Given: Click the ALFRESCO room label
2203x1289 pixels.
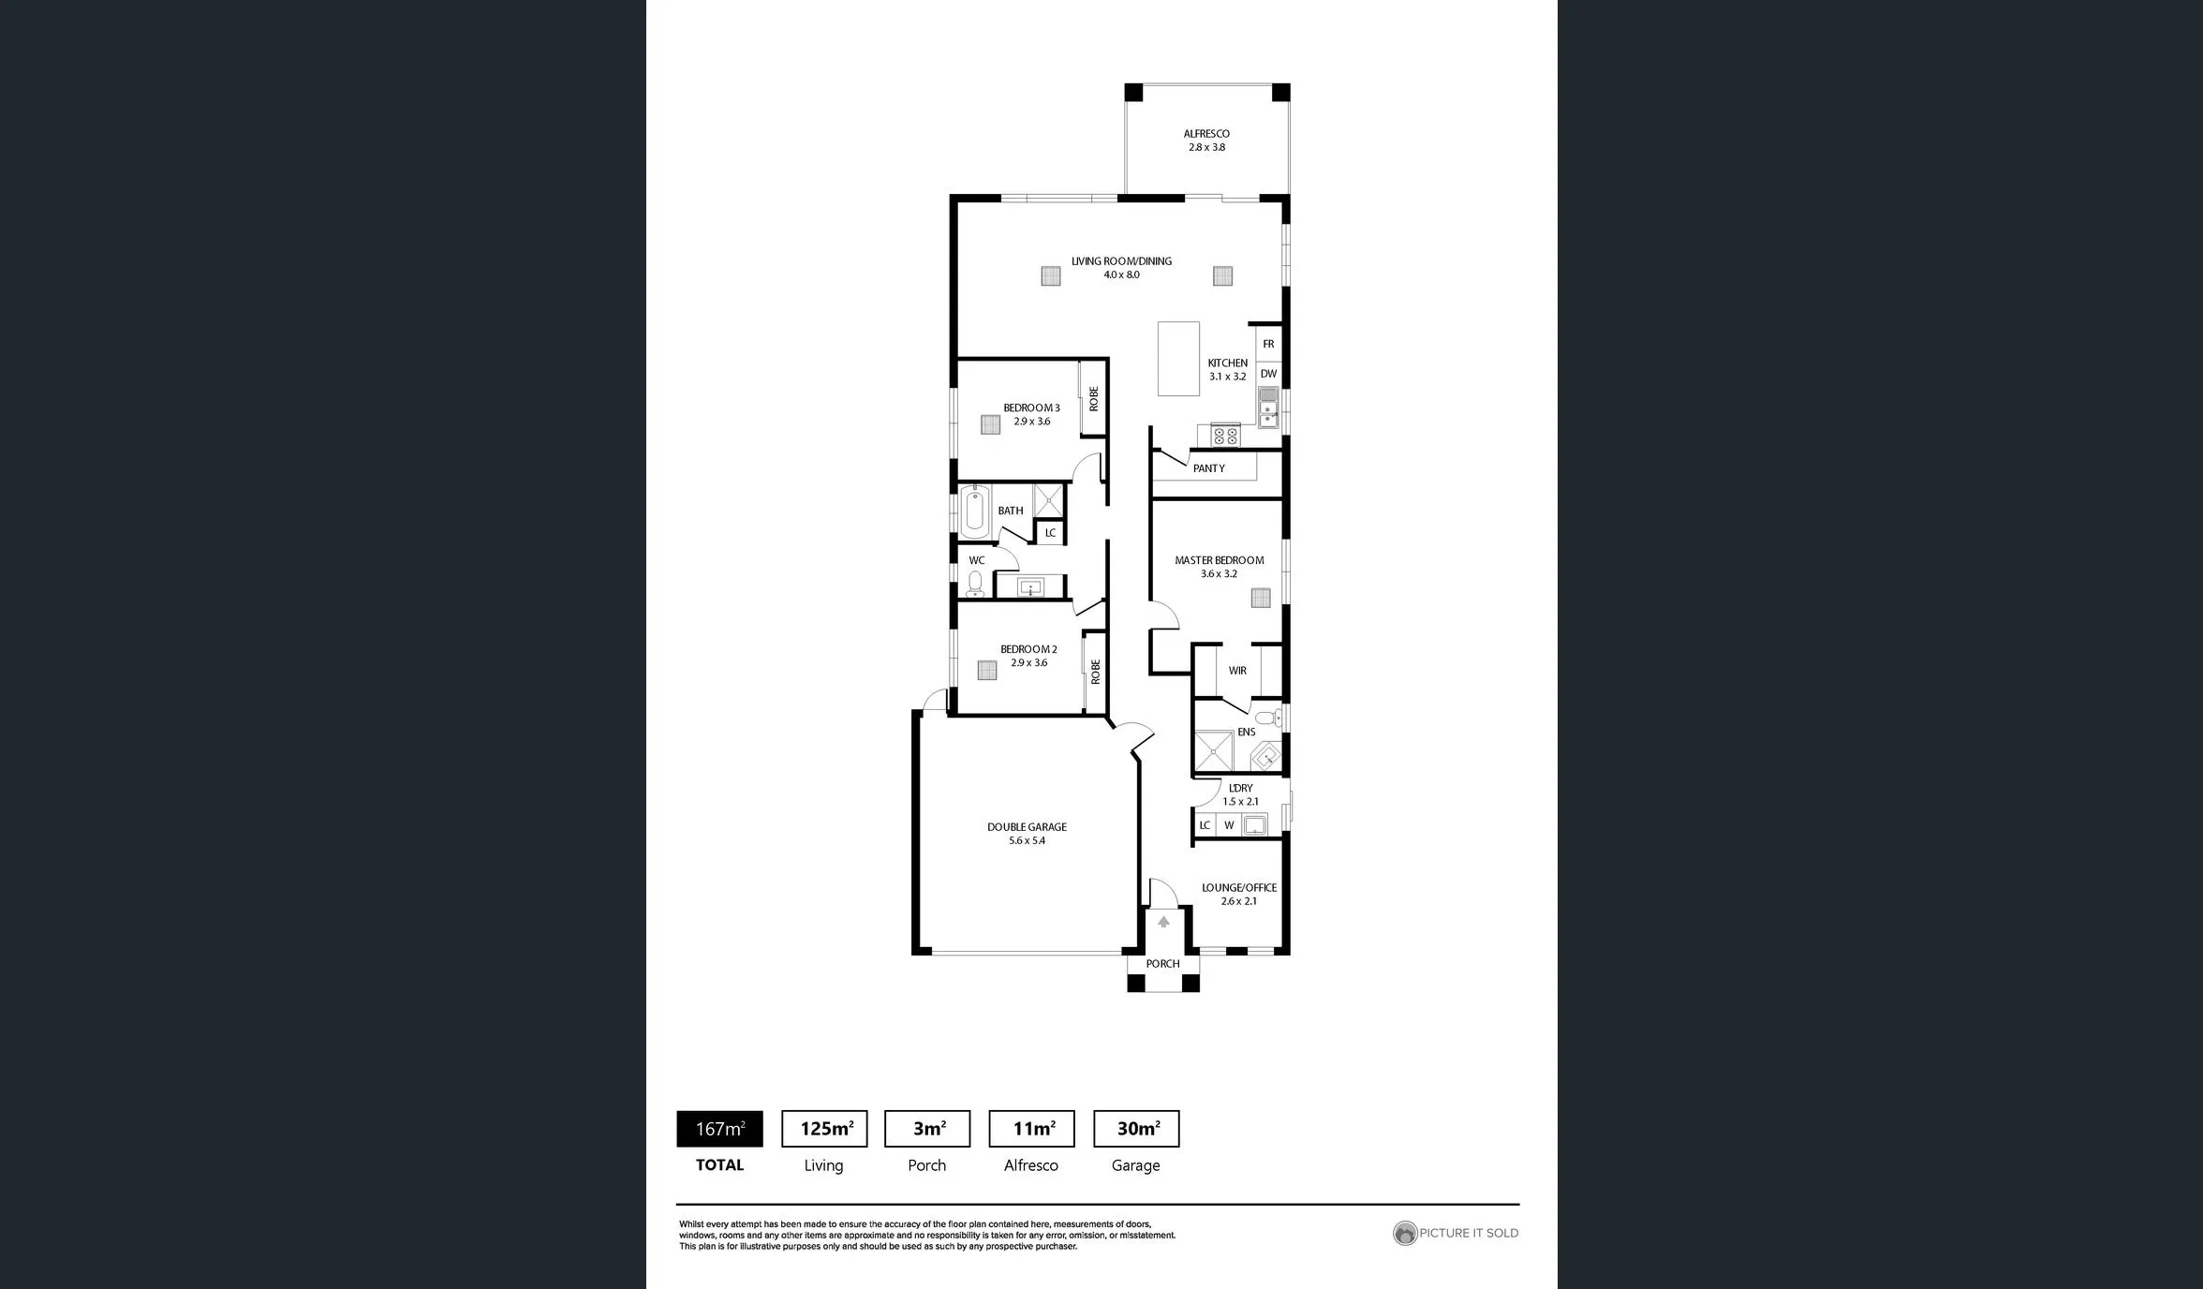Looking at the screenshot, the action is click(1206, 134).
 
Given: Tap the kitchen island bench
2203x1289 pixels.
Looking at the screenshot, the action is click(1178, 359).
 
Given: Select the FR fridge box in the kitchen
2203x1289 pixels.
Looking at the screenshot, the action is click(1268, 344).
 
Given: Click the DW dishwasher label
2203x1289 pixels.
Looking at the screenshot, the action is click(1268, 374).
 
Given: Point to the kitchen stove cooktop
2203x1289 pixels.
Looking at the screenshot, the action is click(1226, 436).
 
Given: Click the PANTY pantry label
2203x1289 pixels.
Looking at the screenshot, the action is click(1209, 468).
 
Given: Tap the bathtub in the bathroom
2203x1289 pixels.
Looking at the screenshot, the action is click(975, 511).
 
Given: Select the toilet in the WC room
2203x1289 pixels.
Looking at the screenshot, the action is click(975, 585).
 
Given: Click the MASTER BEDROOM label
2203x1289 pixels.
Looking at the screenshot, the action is click(1220, 560).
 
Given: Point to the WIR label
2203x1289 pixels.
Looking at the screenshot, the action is click(1237, 671).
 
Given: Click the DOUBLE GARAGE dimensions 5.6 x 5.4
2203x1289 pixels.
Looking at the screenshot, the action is click(1027, 841).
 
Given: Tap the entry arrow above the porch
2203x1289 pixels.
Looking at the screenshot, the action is click(1163, 922).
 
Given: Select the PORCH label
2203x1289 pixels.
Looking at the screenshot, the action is click(1162, 964).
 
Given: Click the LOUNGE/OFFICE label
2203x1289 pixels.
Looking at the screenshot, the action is click(1239, 887).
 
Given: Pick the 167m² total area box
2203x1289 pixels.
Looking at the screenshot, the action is click(719, 1129).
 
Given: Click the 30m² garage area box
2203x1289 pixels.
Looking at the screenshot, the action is click(1136, 1129).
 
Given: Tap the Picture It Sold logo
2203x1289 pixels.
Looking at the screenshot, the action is click(1404, 1233).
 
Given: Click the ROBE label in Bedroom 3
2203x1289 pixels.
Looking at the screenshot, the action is click(1093, 399).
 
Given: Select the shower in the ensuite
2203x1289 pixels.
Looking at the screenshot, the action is click(1214, 751).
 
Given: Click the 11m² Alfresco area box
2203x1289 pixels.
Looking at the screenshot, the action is click(1032, 1129).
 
